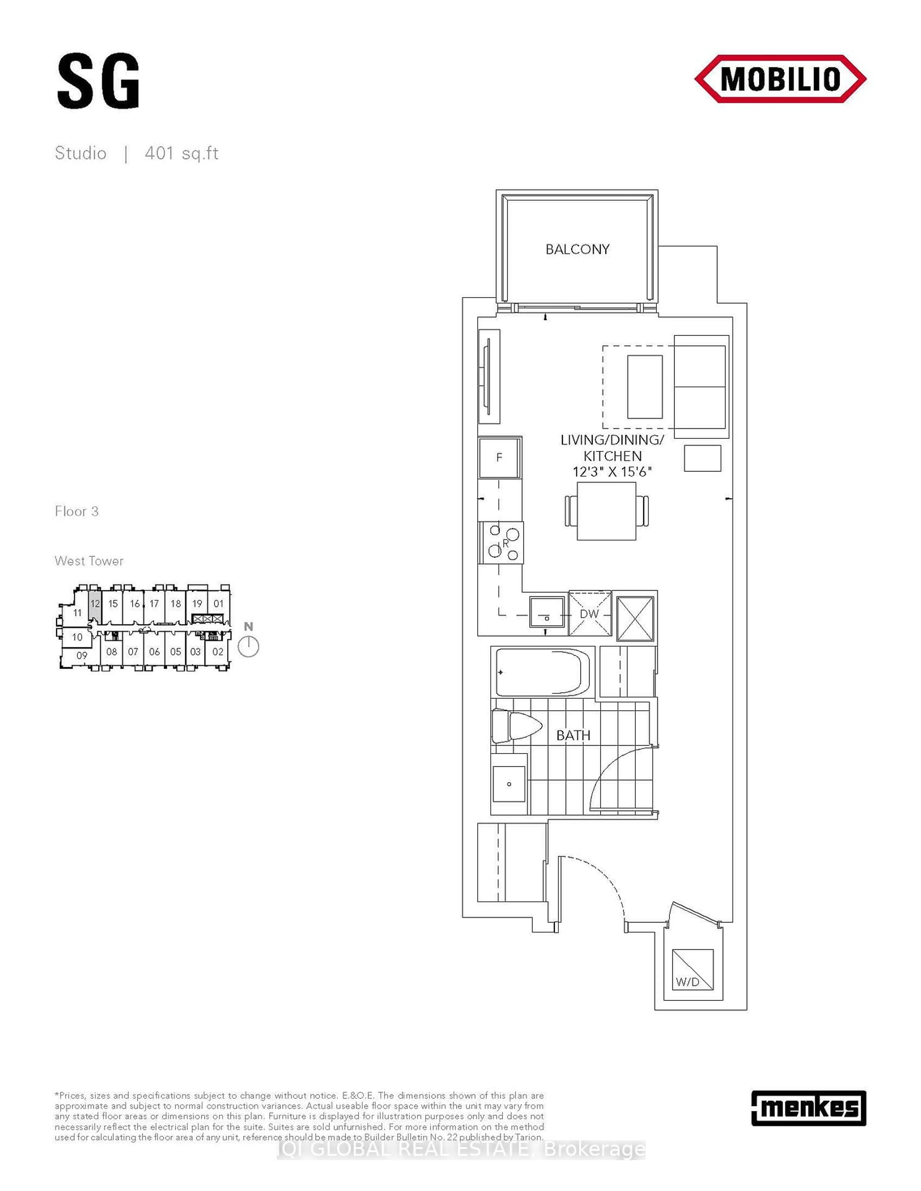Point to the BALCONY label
577,249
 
